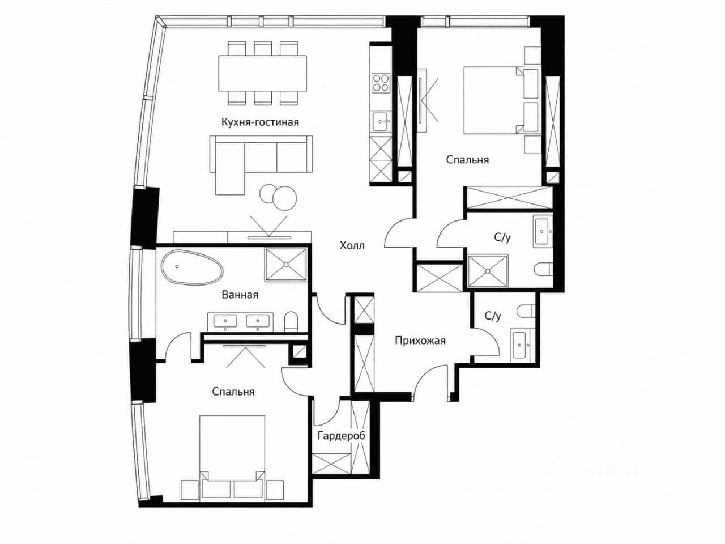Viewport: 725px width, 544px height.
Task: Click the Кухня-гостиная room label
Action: click(x=260, y=122)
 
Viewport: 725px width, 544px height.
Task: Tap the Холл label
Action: click(x=352, y=246)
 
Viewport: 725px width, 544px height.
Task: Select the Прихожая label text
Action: click(x=420, y=341)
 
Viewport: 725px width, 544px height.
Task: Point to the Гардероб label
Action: click(x=342, y=436)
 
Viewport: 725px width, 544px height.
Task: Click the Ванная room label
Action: click(x=240, y=295)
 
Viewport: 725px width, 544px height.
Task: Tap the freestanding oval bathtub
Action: click(x=192, y=268)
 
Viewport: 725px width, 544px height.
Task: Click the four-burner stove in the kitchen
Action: click(x=381, y=83)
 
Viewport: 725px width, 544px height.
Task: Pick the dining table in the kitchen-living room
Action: click(x=263, y=73)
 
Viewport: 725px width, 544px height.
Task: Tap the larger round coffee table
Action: click(x=285, y=198)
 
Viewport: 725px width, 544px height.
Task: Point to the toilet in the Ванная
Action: click(x=291, y=321)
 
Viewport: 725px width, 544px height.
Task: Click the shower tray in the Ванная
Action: click(x=286, y=265)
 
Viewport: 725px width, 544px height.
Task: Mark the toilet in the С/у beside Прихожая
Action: click(x=526, y=311)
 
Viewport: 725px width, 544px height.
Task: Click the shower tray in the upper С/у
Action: click(x=488, y=271)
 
